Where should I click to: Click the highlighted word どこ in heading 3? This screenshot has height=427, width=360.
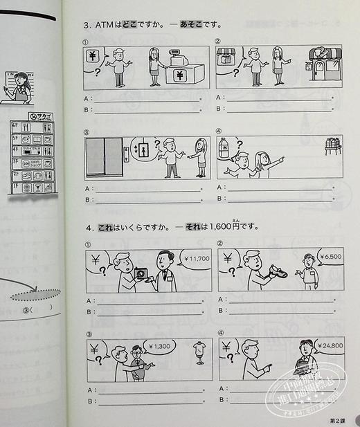tap(130, 26)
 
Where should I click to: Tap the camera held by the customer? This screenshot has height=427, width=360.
tap(143, 274)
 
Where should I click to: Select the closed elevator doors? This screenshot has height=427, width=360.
tap(104, 156)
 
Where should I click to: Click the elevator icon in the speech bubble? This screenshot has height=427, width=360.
tap(143, 149)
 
